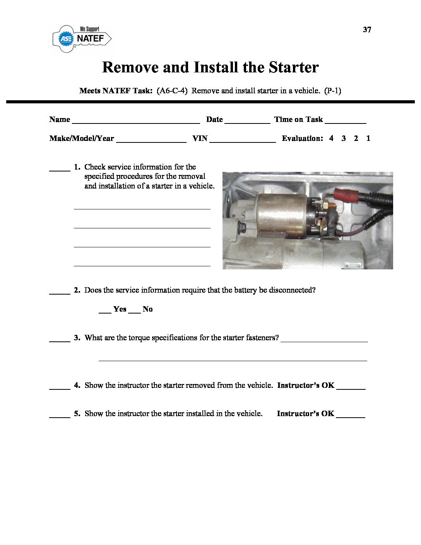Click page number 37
(x=367, y=30)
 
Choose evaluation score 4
(x=331, y=139)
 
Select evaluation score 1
(x=368, y=139)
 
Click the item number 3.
(x=77, y=338)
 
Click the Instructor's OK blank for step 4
(x=351, y=387)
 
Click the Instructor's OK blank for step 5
(x=351, y=415)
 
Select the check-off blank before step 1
(x=60, y=169)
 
